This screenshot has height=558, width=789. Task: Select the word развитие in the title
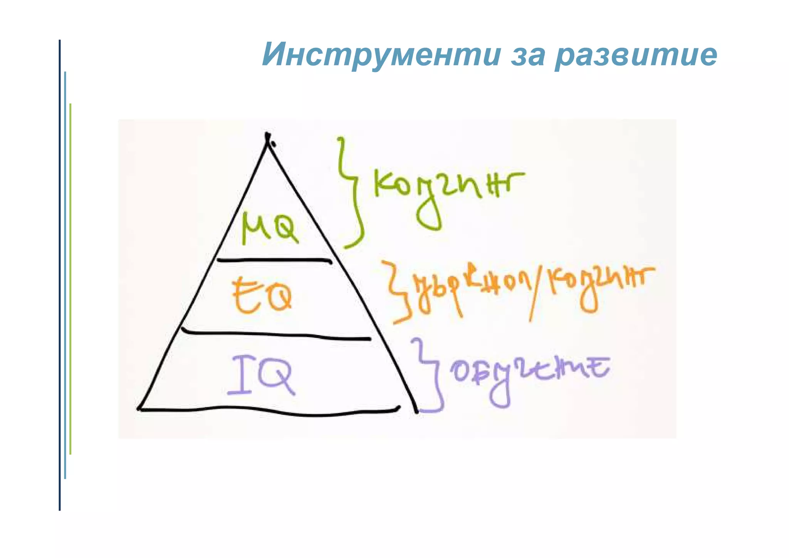point(636,55)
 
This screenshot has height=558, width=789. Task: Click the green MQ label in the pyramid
point(270,228)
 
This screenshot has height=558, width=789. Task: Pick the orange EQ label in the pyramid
point(262,296)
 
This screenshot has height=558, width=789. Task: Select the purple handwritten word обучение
point(528,372)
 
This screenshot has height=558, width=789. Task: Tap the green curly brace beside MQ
point(351,193)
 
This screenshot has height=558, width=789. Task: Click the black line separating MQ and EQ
point(274,260)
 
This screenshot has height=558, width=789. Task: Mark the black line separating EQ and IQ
point(275,334)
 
